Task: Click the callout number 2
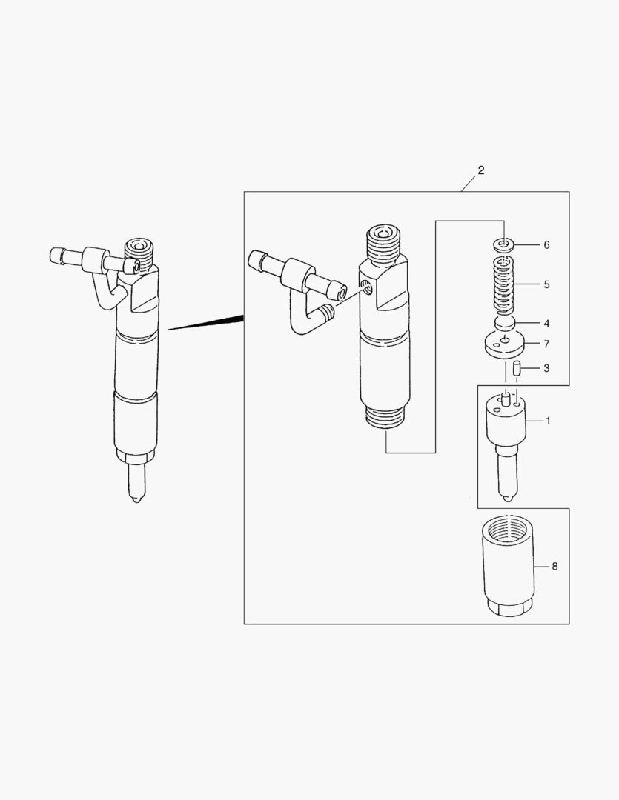pos(480,170)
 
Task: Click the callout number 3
pos(546,367)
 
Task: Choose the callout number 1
pos(548,421)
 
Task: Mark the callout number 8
pos(554,567)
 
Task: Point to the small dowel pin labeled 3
pos(520,368)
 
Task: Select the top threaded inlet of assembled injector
pos(139,248)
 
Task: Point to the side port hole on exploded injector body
pos(363,286)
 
